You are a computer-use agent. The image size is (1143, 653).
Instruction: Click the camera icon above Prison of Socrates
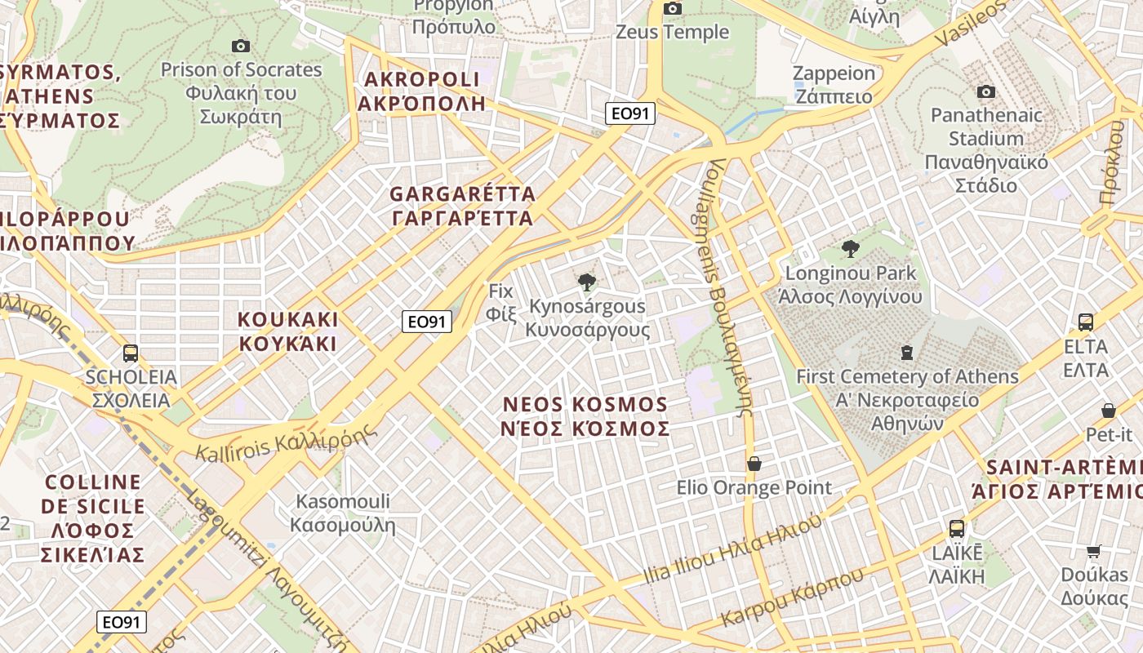pyautogui.click(x=240, y=46)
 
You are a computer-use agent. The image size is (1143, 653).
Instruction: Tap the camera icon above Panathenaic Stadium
pyautogui.click(x=986, y=91)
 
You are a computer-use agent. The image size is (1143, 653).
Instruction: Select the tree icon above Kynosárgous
pyautogui.click(x=586, y=282)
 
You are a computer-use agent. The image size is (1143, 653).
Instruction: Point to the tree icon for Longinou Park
pyautogui.click(x=850, y=249)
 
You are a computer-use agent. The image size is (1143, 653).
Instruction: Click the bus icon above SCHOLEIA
pyautogui.click(x=131, y=353)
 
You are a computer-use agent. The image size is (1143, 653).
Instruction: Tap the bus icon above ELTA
pyautogui.click(x=1085, y=322)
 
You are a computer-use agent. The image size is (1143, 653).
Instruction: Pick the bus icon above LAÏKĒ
pyautogui.click(x=956, y=529)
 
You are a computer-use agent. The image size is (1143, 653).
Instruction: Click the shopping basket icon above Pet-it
pyautogui.click(x=1109, y=411)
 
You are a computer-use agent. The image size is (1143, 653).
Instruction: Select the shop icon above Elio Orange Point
pyautogui.click(x=754, y=464)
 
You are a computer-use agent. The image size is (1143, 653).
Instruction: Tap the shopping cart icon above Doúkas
pyautogui.click(x=1094, y=551)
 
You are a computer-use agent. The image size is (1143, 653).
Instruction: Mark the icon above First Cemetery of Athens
pyautogui.click(x=906, y=353)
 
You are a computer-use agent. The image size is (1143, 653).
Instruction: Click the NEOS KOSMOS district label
pyautogui.click(x=585, y=416)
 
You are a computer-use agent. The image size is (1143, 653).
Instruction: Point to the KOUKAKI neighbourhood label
pyautogui.click(x=287, y=331)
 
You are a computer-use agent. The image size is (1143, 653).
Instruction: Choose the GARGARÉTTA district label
pyautogui.click(x=462, y=206)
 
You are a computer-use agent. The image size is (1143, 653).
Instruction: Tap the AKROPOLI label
pyautogui.click(x=421, y=91)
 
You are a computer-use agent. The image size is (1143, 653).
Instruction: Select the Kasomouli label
pyautogui.click(x=343, y=513)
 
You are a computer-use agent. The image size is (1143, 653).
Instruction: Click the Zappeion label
pyautogui.click(x=834, y=84)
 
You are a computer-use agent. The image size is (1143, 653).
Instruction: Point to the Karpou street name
pyautogui.click(x=793, y=599)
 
